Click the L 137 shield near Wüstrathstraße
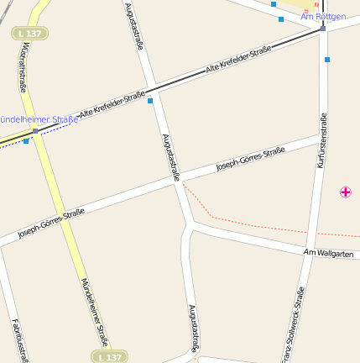pyautogui.click(x=30, y=33)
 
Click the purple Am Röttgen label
pyautogui.click(x=323, y=16)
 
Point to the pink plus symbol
pyautogui.click(x=345, y=192)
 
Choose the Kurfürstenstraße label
pyautogui.click(x=320, y=140)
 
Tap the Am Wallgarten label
pyautogui.click(x=329, y=253)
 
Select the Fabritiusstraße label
pyautogui.click(x=19, y=339)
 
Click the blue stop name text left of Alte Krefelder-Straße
pyautogui.click(x=39, y=119)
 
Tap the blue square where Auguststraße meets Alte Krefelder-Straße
pyautogui.click(x=150, y=101)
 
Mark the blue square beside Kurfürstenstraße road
pyautogui.click(x=326, y=60)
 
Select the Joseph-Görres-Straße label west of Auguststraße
pyautogui.click(x=51, y=223)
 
